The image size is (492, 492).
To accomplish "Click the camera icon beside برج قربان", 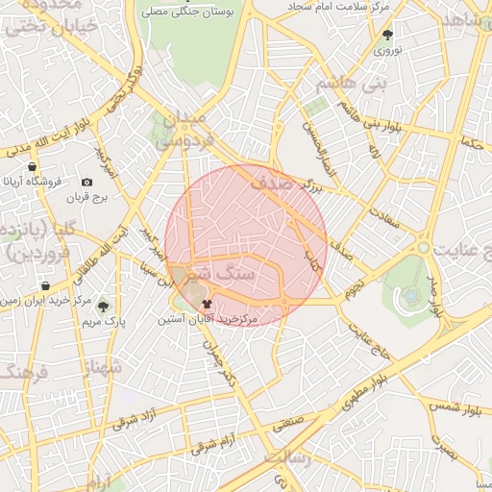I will pyautogui.click(x=87, y=182).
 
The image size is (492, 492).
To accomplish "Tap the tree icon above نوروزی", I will pyautogui.click(x=387, y=34).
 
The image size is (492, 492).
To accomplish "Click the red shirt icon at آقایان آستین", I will pyautogui.click(x=207, y=304).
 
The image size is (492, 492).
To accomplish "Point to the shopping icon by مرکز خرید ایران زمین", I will pyautogui.click(x=46, y=286).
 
